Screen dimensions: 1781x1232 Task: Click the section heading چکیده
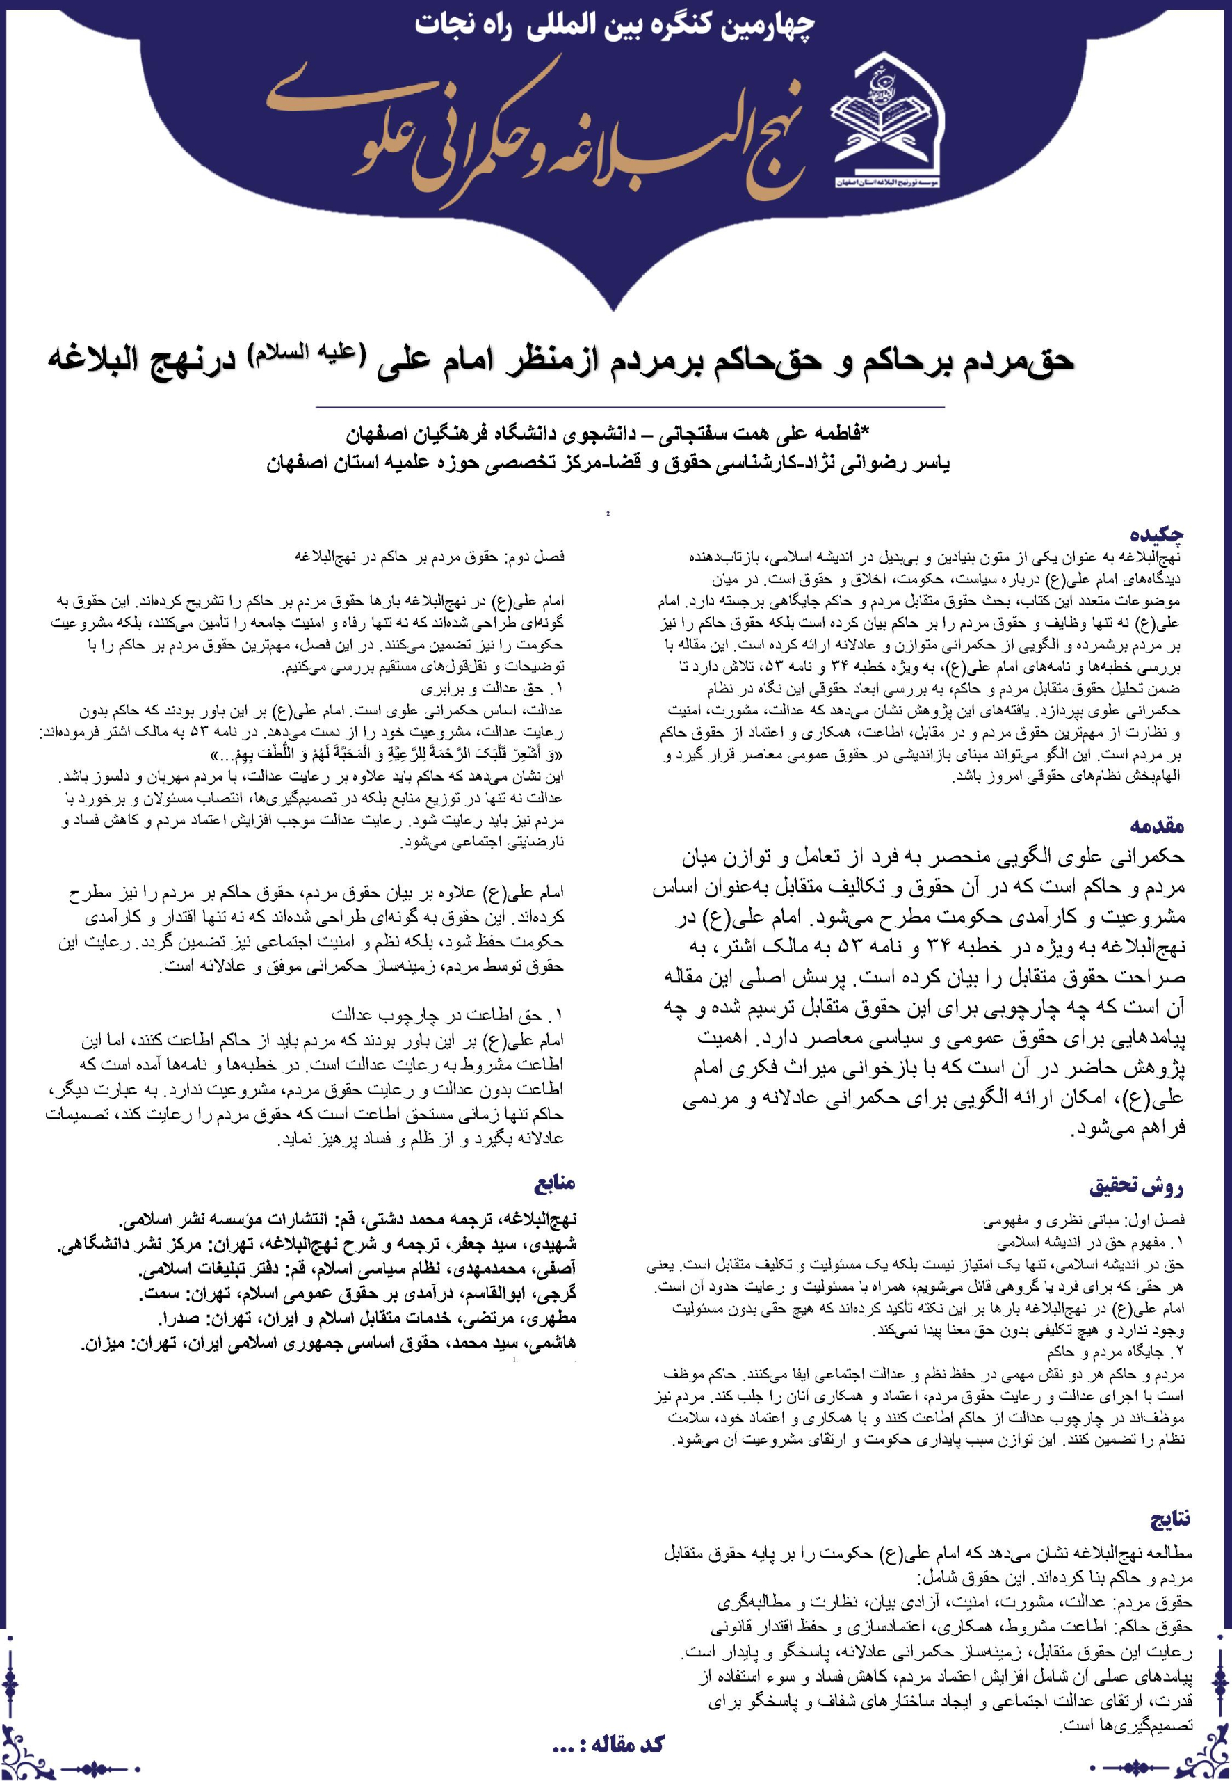pos(1157,534)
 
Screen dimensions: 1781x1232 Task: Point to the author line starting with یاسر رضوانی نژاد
pos(609,464)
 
